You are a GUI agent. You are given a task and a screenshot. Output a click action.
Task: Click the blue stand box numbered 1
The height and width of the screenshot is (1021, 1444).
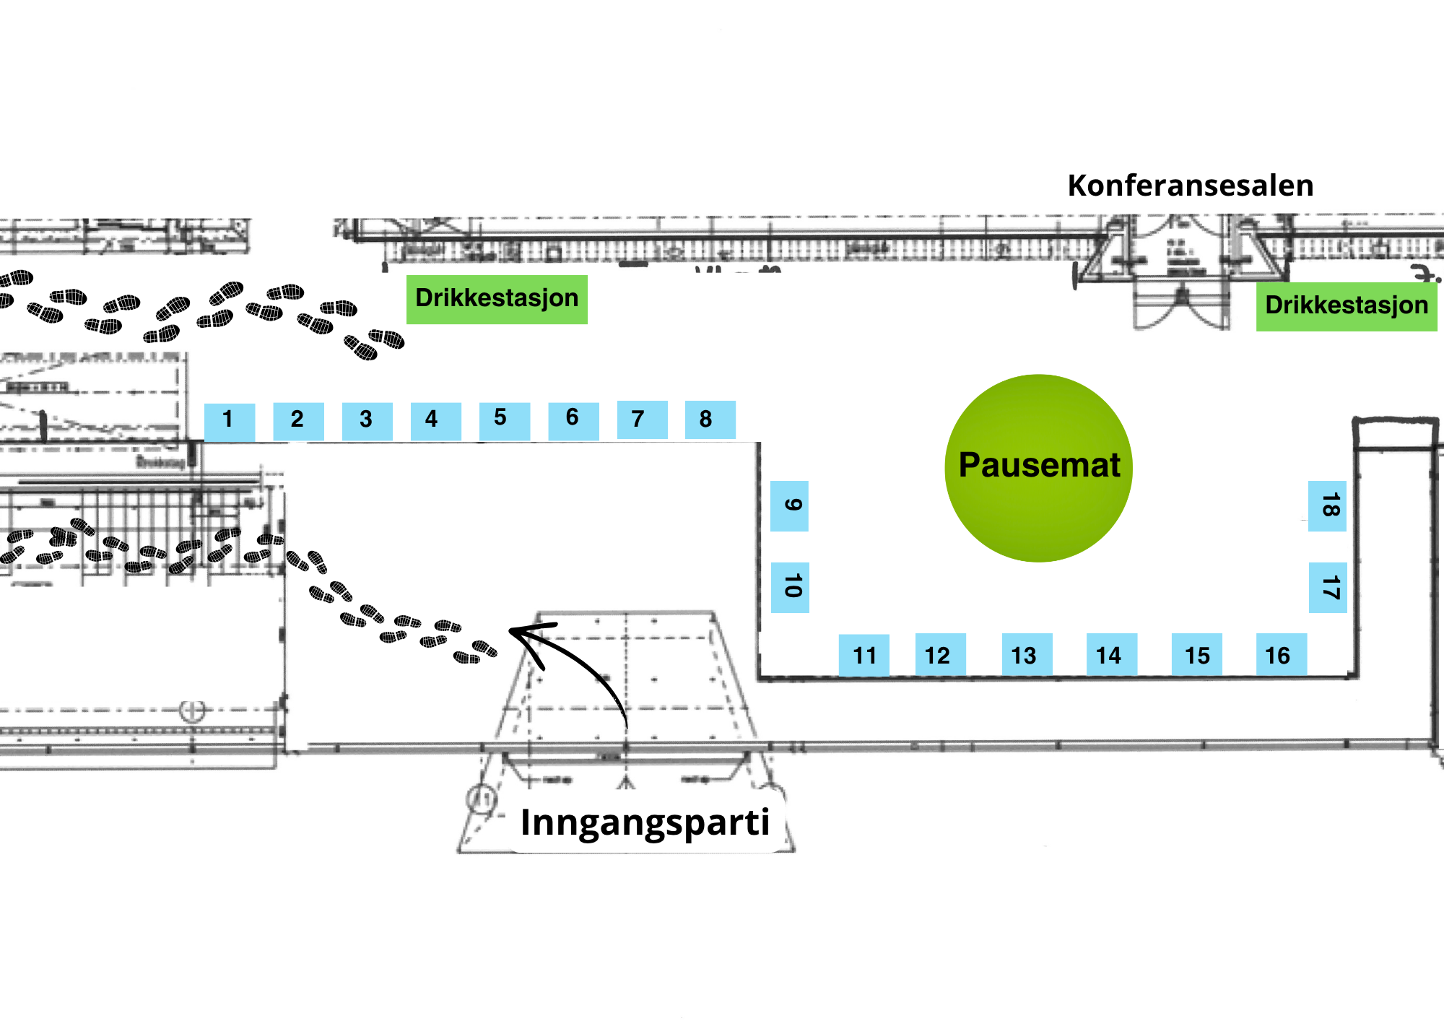coord(230,421)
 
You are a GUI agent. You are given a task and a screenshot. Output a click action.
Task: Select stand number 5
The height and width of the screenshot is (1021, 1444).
coord(505,420)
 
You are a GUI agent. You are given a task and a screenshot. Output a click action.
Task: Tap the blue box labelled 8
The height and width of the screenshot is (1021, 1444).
coord(710,420)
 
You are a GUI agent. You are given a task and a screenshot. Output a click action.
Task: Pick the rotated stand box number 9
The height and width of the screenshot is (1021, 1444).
coord(789,505)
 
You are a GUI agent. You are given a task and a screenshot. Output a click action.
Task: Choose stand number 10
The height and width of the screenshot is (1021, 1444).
coord(790,587)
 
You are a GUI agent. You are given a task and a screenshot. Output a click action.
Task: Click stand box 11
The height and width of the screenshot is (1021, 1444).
coord(864,654)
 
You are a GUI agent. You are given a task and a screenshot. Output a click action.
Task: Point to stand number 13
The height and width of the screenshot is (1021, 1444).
coord(1027,654)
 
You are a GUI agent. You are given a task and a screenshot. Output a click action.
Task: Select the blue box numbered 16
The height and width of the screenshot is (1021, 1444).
coord(1282,654)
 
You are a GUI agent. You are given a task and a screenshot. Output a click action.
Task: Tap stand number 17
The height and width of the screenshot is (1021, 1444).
coord(1328,587)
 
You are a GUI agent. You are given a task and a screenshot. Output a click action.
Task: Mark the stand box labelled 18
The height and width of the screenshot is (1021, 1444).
coord(1327,505)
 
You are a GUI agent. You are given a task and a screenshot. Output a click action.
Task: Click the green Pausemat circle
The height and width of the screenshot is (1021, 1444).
coord(1038,468)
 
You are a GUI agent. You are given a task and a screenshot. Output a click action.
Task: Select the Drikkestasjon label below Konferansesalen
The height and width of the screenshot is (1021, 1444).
coord(1347,306)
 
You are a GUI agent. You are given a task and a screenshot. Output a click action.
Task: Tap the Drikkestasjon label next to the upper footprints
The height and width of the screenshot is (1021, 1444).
coord(497,299)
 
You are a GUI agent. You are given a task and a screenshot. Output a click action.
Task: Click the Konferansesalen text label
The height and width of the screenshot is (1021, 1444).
coord(1191,186)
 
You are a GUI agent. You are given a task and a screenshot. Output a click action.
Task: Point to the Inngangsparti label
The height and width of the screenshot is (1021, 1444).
coord(645,822)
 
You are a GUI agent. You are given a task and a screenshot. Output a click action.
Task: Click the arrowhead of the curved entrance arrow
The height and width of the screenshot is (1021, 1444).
coord(514,632)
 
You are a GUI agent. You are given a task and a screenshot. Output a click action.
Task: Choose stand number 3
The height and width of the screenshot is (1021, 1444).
coord(367,421)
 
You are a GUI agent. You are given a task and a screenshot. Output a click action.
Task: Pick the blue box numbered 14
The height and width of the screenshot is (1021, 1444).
coord(1112,654)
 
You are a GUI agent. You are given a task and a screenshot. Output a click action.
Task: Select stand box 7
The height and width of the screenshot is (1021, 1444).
coord(642,420)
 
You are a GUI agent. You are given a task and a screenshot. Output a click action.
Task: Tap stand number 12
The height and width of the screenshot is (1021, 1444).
coord(940,654)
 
